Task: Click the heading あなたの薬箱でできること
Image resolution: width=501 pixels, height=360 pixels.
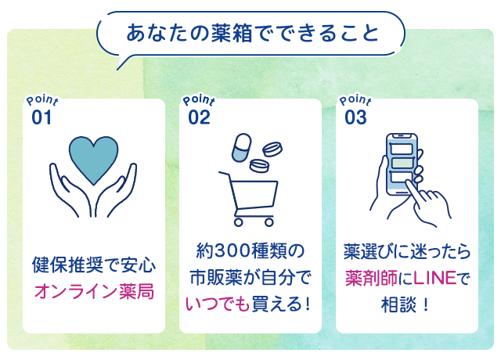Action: pyautogui.click(x=252, y=33)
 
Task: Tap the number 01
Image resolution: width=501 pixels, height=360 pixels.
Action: pyautogui.click(x=41, y=117)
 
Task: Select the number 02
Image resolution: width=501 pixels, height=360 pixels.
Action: pyautogui.click(x=199, y=117)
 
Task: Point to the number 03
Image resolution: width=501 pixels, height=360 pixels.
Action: pyautogui.click(x=355, y=117)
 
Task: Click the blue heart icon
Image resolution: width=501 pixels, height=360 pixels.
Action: pyautogui.click(x=94, y=160)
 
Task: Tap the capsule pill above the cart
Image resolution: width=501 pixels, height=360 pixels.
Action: pyautogui.click(x=241, y=147)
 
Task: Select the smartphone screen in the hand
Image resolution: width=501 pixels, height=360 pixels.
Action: pyautogui.click(x=402, y=164)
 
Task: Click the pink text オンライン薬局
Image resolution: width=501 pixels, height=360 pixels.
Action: pyautogui.click(x=94, y=292)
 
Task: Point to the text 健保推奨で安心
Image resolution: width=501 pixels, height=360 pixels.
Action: pyautogui.click(x=94, y=265)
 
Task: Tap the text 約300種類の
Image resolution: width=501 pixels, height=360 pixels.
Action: pyautogui.click(x=250, y=250)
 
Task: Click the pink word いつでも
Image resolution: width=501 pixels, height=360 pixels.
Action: pyautogui.click(x=218, y=304)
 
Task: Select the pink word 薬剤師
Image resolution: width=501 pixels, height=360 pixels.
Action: pyautogui.click(x=371, y=278)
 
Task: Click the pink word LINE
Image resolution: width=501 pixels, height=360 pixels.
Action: pyautogui.click(x=435, y=278)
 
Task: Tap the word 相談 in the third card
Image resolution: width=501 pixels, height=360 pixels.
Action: pyautogui.click(x=398, y=304)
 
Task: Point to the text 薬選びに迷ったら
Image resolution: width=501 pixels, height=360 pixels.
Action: pyautogui.click(x=407, y=251)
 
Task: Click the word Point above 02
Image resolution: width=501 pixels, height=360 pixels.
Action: pyautogui.click(x=199, y=100)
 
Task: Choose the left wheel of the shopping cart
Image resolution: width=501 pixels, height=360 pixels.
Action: pyautogui.click(x=238, y=222)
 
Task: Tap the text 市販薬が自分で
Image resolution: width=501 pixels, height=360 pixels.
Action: pyautogui.click(x=250, y=277)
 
